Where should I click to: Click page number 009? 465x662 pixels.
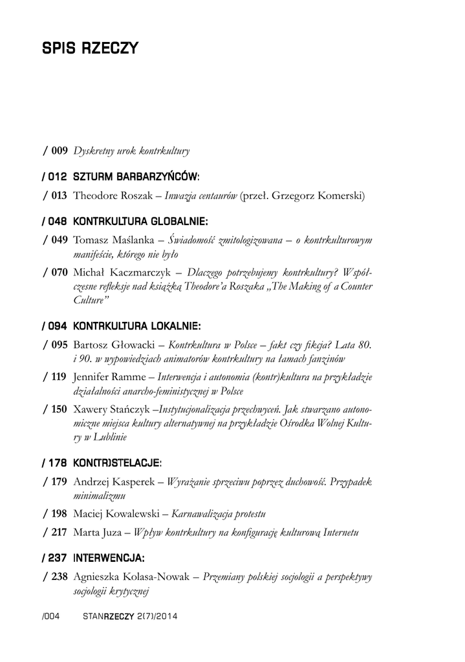(x=59, y=151)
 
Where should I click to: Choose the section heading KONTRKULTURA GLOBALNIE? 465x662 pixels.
(x=140, y=221)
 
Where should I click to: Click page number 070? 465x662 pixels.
(x=59, y=268)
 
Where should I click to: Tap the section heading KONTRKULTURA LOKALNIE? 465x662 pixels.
(x=137, y=325)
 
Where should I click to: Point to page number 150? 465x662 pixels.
(x=59, y=409)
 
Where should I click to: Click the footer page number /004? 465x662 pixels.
(x=50, y=616)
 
